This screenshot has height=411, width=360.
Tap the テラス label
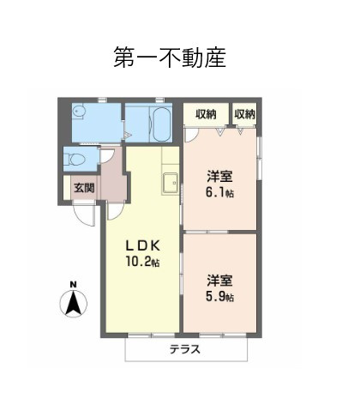(x=184, y=349)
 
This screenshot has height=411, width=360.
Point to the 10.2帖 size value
(x=144, y=262)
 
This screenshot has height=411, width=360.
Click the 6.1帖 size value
(x=220, y=192)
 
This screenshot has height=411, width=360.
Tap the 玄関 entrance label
(x=82, y=187)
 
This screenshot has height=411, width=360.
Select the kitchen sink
(x=169, y=182)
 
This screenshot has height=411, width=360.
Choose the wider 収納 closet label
(x=206, y=114)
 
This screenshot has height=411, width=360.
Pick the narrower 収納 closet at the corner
(x=244, y=114)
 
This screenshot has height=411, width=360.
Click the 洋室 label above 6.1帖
(x=220, y=177)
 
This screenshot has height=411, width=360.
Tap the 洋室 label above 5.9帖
(x=220, y=280)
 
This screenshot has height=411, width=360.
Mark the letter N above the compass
(x=74, y=285)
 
